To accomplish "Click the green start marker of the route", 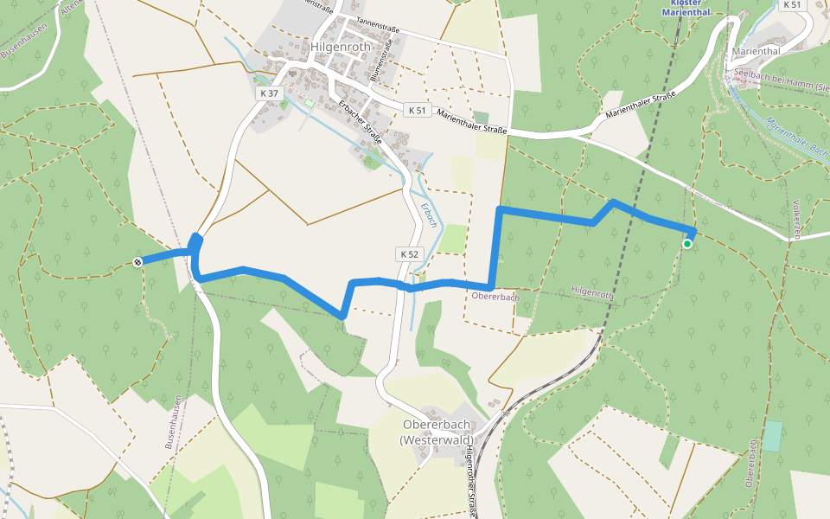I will [687, 245].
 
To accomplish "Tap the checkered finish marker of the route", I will [138, 261].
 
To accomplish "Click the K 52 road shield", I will [409, 254].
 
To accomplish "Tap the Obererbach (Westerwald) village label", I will [437, 432].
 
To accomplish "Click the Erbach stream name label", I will [430, 214].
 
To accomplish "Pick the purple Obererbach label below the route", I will [495, 297].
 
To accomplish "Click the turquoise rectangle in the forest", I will [773, 436].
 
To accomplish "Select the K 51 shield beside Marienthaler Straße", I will [418, 110].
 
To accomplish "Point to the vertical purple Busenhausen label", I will [174, 422].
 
